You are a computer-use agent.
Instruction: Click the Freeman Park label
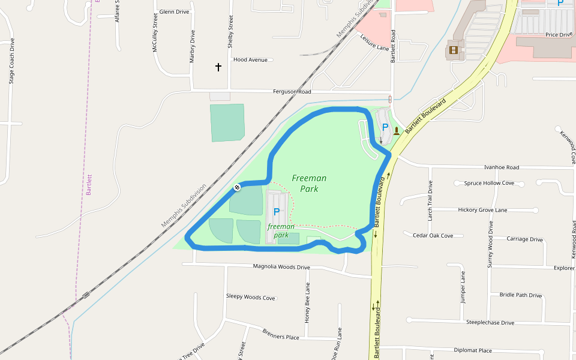coord(309,183)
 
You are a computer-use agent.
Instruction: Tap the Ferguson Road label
coord(292,92)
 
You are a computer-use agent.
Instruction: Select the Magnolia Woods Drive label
coord(281,267)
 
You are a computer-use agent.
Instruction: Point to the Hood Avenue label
coord(250,60)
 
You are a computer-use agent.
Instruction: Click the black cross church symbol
coord(218,67)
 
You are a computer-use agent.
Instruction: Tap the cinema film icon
coord(453,50)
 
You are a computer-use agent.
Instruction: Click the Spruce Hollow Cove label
coord(489,183)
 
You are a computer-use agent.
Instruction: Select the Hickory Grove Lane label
coord(482,210)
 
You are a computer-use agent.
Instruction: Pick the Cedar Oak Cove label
coord(433,236)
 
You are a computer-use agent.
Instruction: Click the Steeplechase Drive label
coord(490,323)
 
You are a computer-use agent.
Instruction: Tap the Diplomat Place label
coord(473,350)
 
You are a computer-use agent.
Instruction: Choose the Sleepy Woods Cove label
coord(250,298)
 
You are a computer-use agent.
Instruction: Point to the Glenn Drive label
coord(175,12)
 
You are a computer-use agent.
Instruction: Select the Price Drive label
coord(559,35)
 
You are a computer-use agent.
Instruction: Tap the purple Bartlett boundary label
coord(89,185)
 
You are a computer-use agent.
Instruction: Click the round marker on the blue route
coord(237,188)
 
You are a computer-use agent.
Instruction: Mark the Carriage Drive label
coord(525,239)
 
